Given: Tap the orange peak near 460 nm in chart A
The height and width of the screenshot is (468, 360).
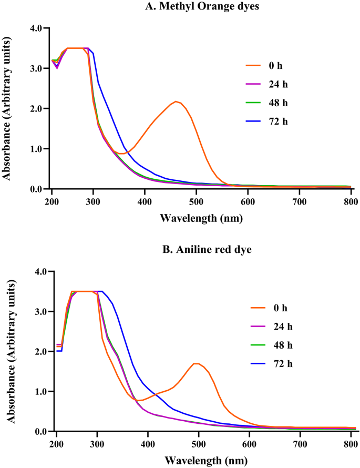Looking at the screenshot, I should (177, 101).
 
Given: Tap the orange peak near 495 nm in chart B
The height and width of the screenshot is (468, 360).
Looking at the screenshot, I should (196, 363).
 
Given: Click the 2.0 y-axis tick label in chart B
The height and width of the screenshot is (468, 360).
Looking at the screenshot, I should (38, 352).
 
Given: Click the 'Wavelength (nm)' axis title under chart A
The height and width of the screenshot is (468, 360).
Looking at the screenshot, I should (201, 216).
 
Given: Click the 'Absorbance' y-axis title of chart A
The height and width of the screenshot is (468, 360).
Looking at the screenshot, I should (8, 109).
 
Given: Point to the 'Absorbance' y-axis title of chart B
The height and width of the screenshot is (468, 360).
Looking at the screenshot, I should (8, 351).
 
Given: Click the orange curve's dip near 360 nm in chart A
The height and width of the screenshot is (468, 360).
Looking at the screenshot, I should (122, 154).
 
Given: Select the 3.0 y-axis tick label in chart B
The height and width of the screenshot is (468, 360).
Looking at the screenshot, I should (38, 312).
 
